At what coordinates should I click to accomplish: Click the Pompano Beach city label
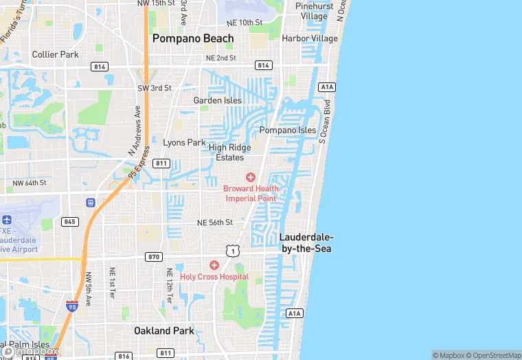[193, 38]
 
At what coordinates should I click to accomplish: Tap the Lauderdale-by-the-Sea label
[305, 243]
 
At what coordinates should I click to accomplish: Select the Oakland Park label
[163, 330]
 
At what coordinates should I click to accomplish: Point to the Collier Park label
[55, 54]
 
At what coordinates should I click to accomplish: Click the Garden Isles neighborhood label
[218, 100]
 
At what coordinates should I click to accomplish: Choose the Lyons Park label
[184, 143]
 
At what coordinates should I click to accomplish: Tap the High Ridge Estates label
[230, 153]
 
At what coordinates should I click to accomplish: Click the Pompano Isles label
[288, 130]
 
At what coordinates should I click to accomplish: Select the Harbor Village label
[310, 38]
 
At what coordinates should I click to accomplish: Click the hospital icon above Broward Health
[251, 177]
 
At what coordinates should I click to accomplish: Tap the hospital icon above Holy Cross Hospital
[214, 265]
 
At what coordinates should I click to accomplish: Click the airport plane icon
[7, 220]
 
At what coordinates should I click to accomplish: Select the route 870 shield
[154, 256]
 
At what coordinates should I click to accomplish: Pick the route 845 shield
[69, 221]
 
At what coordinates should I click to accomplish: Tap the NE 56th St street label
[215, 223]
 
